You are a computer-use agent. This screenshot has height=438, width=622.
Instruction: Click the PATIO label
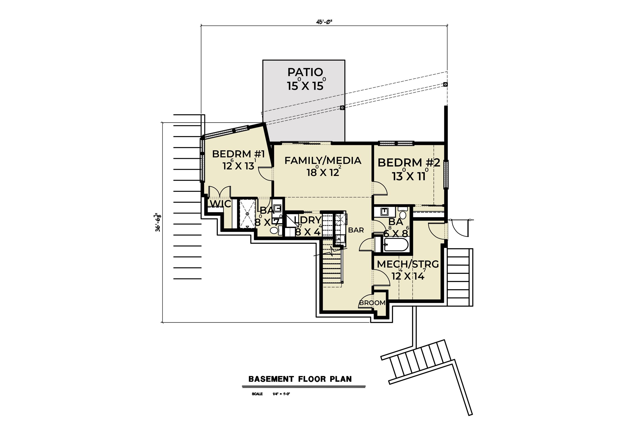(305, 72)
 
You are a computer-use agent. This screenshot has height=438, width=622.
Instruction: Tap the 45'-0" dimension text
(324, 22)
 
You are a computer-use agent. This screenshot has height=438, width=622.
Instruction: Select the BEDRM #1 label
(238, 154)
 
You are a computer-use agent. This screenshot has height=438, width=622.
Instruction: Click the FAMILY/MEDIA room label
(323, 161)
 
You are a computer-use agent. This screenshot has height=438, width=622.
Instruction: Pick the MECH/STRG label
(408, 264)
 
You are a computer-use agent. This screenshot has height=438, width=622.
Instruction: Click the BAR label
(356, 230)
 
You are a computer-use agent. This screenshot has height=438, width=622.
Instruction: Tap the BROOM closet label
(372, 303)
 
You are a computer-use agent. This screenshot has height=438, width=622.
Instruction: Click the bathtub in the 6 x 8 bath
(396, 245)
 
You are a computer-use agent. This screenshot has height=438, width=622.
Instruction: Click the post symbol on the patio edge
(342, 108)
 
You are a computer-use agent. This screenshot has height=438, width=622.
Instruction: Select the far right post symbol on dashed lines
(445, 84)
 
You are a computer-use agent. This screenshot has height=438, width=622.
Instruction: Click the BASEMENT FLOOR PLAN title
(300, 379)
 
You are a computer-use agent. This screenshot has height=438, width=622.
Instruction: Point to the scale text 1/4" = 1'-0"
(281, 394)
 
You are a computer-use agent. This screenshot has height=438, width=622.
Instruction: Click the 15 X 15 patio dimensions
(305, 86)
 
